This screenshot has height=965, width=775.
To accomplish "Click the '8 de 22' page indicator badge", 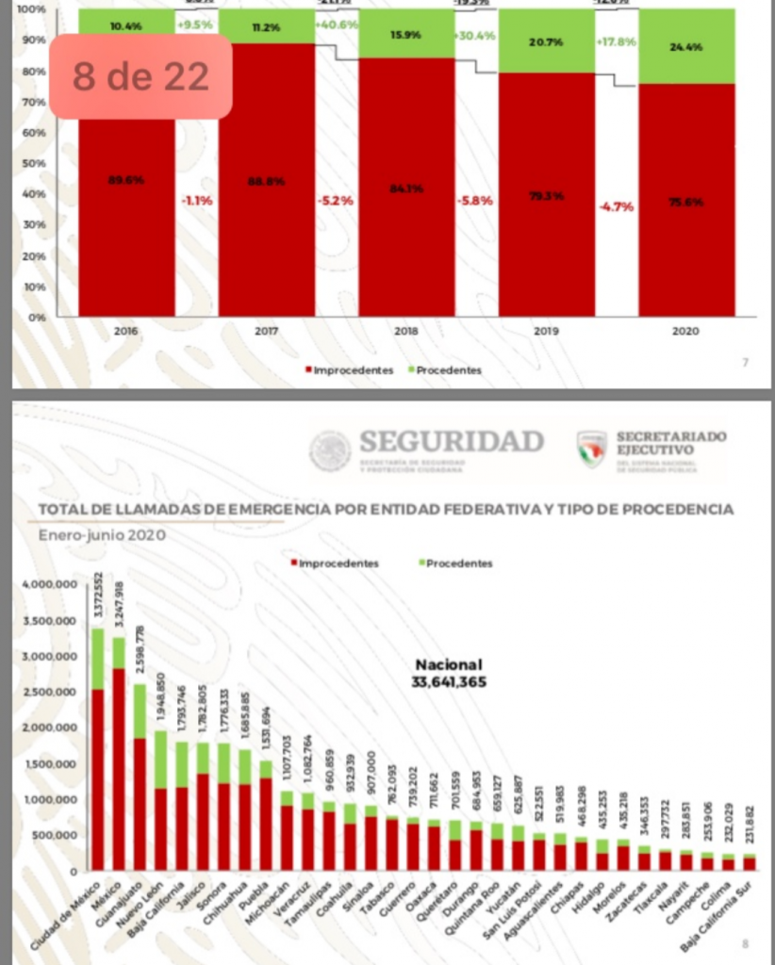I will tap(140, 76).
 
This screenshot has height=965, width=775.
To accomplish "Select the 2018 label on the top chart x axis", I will tap(406, 331).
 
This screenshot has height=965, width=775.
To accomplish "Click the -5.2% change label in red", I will tap(336, 200).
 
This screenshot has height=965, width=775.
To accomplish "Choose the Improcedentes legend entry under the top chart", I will tap(349, 370).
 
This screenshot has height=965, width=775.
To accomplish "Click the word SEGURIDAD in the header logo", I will tap(452, 441).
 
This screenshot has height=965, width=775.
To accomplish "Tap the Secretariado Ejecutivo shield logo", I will tap(591, 449).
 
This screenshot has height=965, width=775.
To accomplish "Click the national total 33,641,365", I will tap(449, 682).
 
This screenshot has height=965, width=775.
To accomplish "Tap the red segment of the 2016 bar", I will tap(126, 217).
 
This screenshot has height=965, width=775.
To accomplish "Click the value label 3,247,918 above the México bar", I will tap(119, 604).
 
